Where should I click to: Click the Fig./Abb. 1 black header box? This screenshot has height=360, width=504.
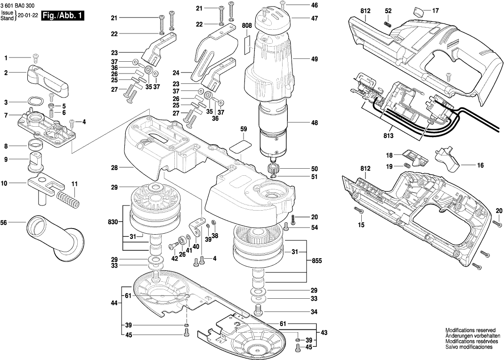[63, 16]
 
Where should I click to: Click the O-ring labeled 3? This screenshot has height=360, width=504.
[33, 101]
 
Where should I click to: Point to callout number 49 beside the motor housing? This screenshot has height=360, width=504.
[314, 59]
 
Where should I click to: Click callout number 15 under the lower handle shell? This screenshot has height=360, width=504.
[361, 225]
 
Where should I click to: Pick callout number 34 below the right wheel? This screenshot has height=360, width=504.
[314, 311]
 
